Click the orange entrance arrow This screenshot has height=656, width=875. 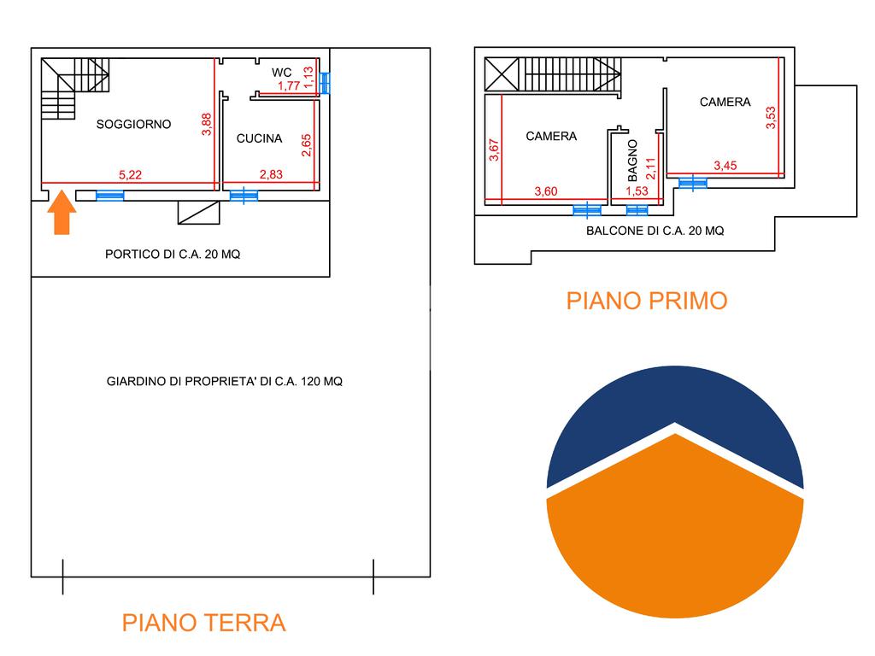[x=62, y=212]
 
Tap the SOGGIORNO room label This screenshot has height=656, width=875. [x=133, y=125]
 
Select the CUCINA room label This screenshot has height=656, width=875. [x=259, y=138]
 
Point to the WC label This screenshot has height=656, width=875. [x=282, y=73]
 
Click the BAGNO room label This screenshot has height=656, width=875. [x=632, y=161]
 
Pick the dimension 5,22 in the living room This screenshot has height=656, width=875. [x=130, y=174]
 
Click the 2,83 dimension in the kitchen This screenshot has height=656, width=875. [x=271, y=174]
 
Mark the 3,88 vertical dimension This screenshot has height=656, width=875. [x=207, y=125]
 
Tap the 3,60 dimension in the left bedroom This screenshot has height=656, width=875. [x=546, y=191]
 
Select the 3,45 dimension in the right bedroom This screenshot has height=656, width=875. [x=725, y=165]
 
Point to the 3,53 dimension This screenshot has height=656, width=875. [x=771, y=118]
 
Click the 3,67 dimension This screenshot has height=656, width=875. [x=494, y=150]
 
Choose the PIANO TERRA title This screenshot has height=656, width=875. [x=203, y=623]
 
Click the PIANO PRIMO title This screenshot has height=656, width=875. [x=647, y=301]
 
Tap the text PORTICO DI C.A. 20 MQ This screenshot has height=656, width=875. [x=173, y=255]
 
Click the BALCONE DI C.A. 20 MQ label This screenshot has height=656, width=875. [x=655, y=231]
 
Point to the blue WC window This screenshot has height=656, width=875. [x=324, y=83]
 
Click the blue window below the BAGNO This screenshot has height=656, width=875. [x=637, y=210]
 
